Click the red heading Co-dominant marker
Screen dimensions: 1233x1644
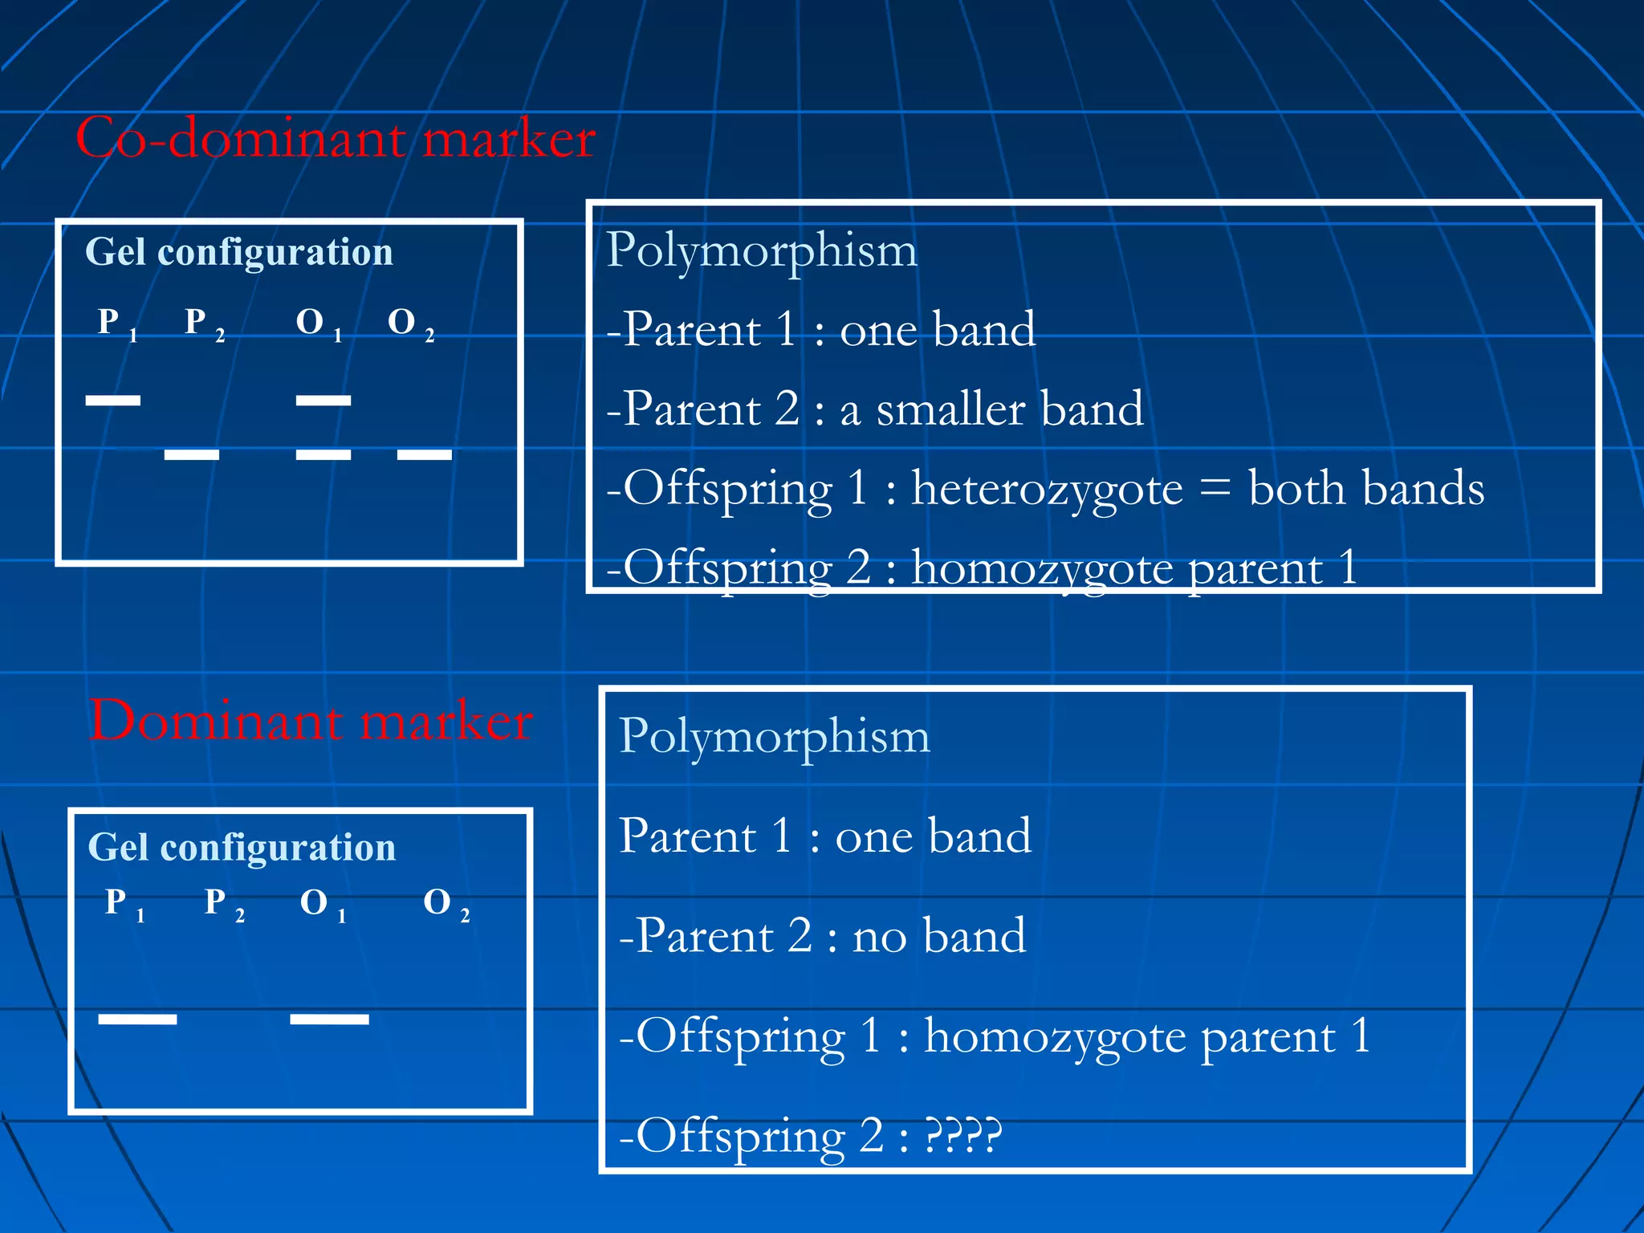point(336,138)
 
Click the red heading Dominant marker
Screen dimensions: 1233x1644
point(311,720)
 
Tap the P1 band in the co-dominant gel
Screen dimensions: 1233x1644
point(113,400)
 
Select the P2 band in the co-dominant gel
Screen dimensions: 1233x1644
point(192,454)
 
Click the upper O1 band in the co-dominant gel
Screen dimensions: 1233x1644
point(324,400)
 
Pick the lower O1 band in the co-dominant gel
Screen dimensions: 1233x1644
point(324,454)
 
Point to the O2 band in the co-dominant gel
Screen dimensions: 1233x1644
point(425,454)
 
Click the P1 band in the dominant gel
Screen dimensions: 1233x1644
point(137,1019)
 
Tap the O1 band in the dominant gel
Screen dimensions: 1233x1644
point(329,1019)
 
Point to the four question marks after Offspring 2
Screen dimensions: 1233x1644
point(963,1135)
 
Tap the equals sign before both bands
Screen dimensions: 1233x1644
point(1217,488)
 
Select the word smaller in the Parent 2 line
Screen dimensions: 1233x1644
point(951,409)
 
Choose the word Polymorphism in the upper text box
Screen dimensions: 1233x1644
point(762,250)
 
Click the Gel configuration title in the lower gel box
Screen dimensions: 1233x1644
point(242,847)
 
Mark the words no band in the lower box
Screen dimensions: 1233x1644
point(939,935)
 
